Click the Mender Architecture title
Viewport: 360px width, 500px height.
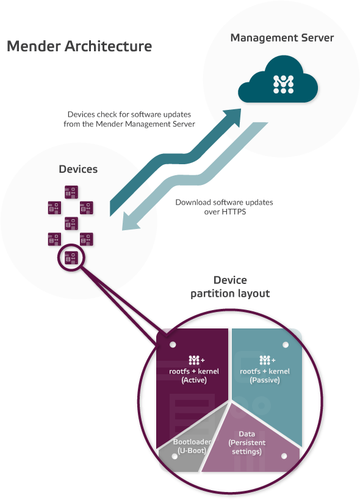click(79, 46)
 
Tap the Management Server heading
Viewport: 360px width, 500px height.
click(282, 38)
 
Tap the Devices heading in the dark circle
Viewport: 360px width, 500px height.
click(77, 168)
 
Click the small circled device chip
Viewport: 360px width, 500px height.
click(71, 256)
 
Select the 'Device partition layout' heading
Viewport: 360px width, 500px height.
click(230, 287)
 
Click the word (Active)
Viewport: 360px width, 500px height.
click(194, 380)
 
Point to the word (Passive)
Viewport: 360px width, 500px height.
click(265, 380)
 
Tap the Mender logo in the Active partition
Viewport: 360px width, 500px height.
click(194, 360)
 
